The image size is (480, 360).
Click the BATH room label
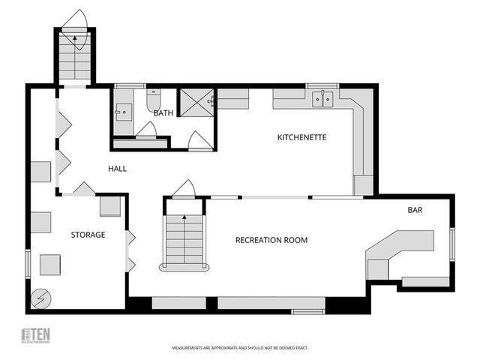(x=163, y=113)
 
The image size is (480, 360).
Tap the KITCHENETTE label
(x=301, y=137)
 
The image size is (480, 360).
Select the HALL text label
(x=116, y=169)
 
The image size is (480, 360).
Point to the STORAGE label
(x=88, y=235)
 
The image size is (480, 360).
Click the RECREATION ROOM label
(x=271, y=240)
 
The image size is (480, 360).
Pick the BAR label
(x=415, y=210)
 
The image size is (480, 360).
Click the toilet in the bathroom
(x=154, y=100)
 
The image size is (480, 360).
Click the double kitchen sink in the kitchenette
(x=323, y=98)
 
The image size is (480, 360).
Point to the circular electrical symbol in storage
(x=40, y=298)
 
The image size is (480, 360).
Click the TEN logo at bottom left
(x=35, y=335)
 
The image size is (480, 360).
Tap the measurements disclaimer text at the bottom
(x=240, y=348)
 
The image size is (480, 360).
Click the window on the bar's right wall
(x=452, y=244)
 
